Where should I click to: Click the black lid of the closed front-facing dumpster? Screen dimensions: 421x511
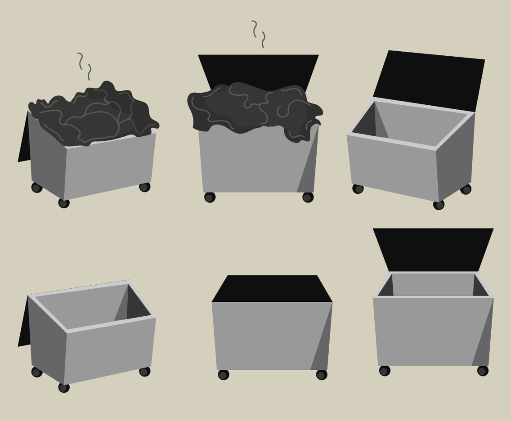point(272,289)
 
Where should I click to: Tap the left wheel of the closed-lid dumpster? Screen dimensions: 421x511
point(223,375)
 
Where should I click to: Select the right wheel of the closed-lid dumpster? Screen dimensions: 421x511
point(321,375)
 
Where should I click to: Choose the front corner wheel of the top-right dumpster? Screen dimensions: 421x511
point(439,205)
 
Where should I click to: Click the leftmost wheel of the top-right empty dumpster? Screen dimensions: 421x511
point(358,188)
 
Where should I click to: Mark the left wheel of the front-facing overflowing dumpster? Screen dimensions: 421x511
point(210,197)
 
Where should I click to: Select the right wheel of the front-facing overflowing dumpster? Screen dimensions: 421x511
point(308,197)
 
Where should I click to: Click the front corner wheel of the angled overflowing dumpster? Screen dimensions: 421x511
point(64,203)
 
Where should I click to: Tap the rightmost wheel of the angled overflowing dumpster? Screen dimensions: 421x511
point(144,187)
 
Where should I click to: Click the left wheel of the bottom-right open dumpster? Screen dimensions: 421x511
point(384,371)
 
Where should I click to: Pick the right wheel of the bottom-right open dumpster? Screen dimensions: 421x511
point(482,371)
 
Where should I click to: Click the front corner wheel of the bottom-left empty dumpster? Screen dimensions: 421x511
point(64,387)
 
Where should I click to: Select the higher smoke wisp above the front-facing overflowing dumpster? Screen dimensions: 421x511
point(255,28)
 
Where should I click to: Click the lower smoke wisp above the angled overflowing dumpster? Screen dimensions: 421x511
point(90,72)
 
